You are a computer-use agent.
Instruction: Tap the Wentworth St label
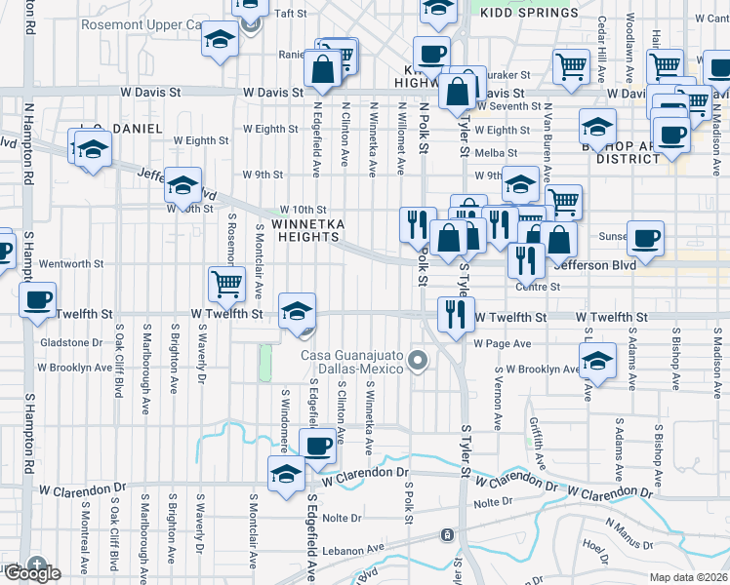point(70,263)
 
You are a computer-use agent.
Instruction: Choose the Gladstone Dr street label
point(70,342)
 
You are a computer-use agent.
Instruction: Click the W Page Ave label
point(503,343)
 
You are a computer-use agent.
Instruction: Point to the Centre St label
point(538,287)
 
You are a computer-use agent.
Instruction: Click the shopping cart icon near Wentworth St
point(226,283)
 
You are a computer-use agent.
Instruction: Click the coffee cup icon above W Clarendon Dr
point(317,446)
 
